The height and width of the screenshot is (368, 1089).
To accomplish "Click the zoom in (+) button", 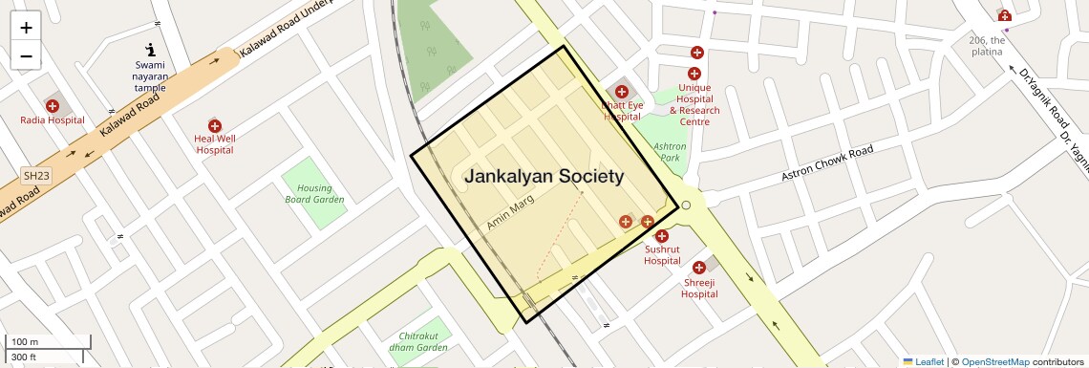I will point(26,28).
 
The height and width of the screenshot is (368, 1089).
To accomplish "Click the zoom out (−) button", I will point(26,56).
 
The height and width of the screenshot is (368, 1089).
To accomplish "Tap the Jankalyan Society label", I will point(544,177).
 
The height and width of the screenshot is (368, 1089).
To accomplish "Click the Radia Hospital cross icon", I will point(53,106).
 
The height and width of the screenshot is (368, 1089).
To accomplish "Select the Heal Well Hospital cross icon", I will point(215,125).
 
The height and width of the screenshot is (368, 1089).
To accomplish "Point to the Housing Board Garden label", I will point(314,194).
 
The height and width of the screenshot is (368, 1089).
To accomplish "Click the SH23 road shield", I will point(36,176).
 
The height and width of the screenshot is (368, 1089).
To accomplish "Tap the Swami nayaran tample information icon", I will point(150,49).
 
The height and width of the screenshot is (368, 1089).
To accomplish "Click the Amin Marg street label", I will point(510,211).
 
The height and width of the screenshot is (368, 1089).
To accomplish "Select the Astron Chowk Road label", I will point(827,164).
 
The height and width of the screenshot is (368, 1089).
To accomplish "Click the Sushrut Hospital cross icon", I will point(661,236).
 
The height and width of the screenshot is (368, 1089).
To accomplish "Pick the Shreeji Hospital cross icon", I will point(699,268).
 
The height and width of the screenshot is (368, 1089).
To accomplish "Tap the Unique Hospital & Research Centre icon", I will point(694,74).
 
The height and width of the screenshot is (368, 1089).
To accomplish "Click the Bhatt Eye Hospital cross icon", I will point(621,92).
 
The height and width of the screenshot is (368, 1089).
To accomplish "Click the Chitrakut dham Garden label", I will point(418,341).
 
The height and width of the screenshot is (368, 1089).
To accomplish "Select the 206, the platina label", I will point(987,46).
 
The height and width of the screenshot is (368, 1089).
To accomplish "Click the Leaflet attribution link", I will point(924,361).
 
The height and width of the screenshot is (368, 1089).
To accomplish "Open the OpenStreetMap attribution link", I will point(995,361).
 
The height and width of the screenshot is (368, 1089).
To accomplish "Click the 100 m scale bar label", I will point(25,342).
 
